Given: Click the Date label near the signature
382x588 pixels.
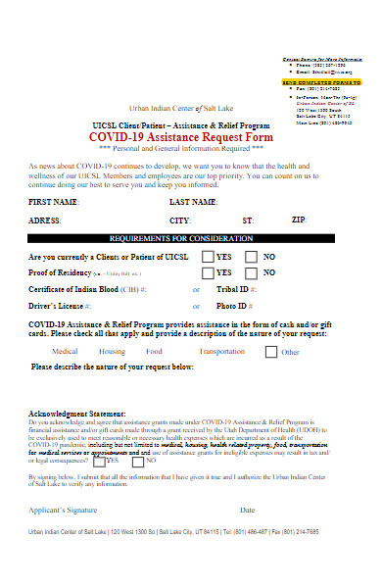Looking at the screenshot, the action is pos(247,537).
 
